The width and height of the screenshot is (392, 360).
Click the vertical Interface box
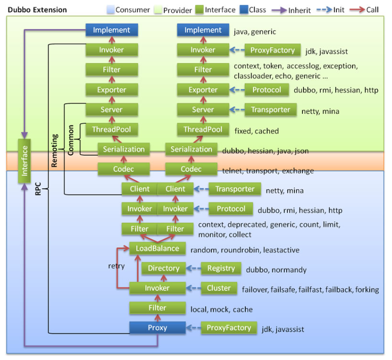pyautogui.click(x=24, y=161)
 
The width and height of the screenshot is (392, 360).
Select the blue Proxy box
pyautogui.click(x=157, y=328)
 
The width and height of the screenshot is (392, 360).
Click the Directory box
pyautogui.click(x=163, y=268)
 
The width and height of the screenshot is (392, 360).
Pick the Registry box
pyautogui.click(x=221, y=268)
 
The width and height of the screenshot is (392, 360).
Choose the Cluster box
pyautogui.click(x=219, y=288)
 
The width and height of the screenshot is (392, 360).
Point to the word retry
pyautogui.click(x=116, y=266)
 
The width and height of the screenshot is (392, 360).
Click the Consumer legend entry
pyautogui.click(x=128, y=10)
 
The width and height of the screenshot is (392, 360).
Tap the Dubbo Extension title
pyautogui.click(x=37, y=10)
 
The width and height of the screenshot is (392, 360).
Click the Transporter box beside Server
pyautogui.click(x=270, y=109)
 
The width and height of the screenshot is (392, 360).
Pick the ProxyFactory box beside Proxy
pyautogui.click(x=229, y=328)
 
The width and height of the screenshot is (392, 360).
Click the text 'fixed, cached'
pyautogui.click(x=256, y=131)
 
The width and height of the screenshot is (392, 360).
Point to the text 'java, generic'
pyautogui.click(x=255, y=32)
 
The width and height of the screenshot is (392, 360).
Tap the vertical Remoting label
pyautogui.click(x=55, y=150)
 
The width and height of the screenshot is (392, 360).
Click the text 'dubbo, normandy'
pyautogui.click(x=276, y=269)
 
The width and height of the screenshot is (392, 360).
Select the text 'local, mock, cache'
pyautogui.click(x=222, y=309)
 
